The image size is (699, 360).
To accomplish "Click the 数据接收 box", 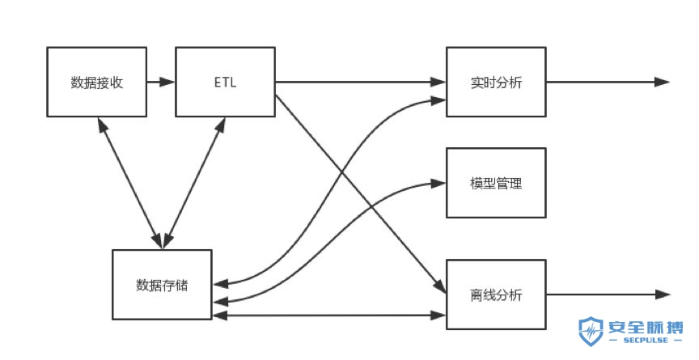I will point(97,82).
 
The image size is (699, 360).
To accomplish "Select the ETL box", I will point(225,82).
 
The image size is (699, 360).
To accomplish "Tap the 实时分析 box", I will point(496,82).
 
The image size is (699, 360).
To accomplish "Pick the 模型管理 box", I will point(496,183).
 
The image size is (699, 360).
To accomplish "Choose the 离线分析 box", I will point(496,294).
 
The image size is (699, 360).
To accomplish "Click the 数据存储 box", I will point(163,285).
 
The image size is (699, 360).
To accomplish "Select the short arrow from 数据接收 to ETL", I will point(161,82).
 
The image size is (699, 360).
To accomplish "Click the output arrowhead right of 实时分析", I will point(662,82).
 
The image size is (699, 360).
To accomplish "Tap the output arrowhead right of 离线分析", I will point(662,294).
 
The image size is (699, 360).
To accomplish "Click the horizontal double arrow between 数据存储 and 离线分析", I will point(330,314).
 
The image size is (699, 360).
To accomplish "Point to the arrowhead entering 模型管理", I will point(438,184).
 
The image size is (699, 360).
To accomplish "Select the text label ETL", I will point(225,82).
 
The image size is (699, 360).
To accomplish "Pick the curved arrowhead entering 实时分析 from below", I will point(438,100).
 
